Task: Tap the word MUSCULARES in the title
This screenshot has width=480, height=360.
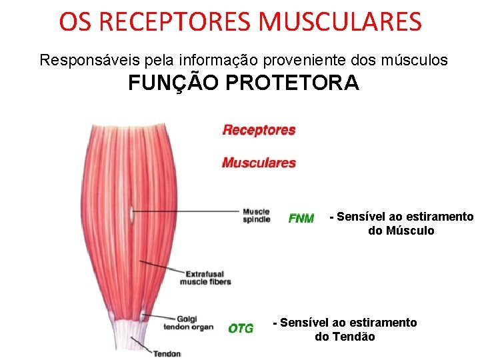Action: [340, 21]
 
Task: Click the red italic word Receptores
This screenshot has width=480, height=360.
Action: [259, 130]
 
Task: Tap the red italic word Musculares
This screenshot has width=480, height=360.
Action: [259, 163]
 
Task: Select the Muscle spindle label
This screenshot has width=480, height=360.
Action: [257, 215]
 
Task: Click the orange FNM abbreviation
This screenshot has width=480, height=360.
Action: [301, 219]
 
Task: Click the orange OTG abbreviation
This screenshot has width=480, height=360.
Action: [241, 328]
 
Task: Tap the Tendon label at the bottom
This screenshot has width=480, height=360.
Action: [167, 353]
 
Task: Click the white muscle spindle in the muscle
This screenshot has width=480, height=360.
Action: [132, 215]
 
